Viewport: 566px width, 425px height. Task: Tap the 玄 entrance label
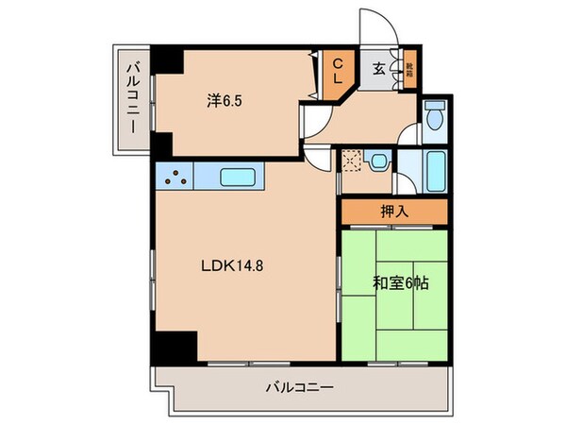tap(378, 68)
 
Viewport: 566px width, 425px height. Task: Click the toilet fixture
tap(434, 118)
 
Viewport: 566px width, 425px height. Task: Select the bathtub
tap(435, 173)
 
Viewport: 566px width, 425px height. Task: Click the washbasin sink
tap(378, 162)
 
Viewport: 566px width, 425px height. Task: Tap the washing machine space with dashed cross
tap(351, 162)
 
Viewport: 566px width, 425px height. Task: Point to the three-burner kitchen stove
tap(175, 175)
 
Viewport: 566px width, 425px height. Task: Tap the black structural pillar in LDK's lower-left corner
tap(175, 347)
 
